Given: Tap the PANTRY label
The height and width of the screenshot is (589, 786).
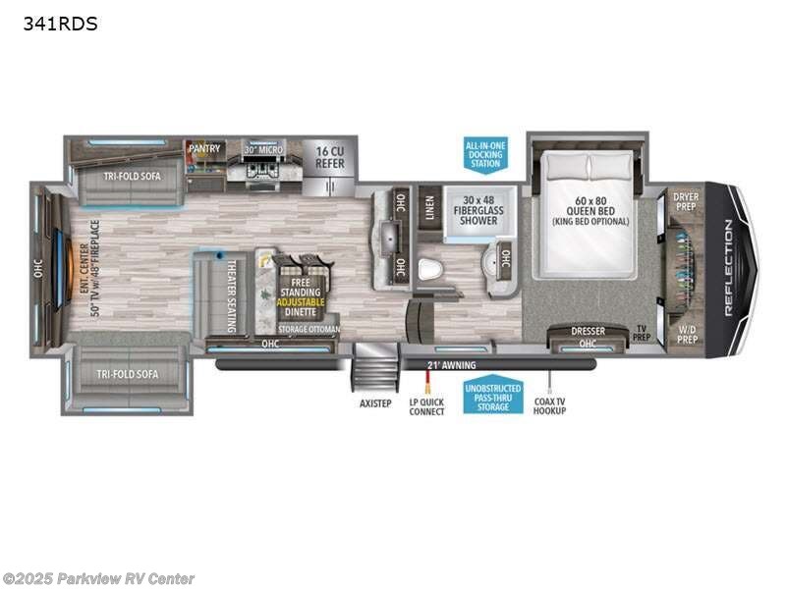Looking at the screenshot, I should [x=204, y=149].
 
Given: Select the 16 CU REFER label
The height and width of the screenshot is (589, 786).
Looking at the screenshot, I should [x=330, y=157].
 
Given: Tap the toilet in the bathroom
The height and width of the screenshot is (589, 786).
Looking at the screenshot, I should [x=428, y=268].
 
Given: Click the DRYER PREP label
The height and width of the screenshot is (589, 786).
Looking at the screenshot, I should [x=686, y=202].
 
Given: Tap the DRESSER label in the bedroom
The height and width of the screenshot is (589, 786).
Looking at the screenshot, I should [x=588, y=331].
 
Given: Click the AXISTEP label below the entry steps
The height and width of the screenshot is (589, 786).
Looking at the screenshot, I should [x=373, y=403].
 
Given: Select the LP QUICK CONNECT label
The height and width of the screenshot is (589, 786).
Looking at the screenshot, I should [x=427, y=407].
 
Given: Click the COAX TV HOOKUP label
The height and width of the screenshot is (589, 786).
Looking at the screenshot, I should [x=551, y=407].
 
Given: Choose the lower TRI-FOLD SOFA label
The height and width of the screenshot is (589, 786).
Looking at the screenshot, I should [x=131, y=374].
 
